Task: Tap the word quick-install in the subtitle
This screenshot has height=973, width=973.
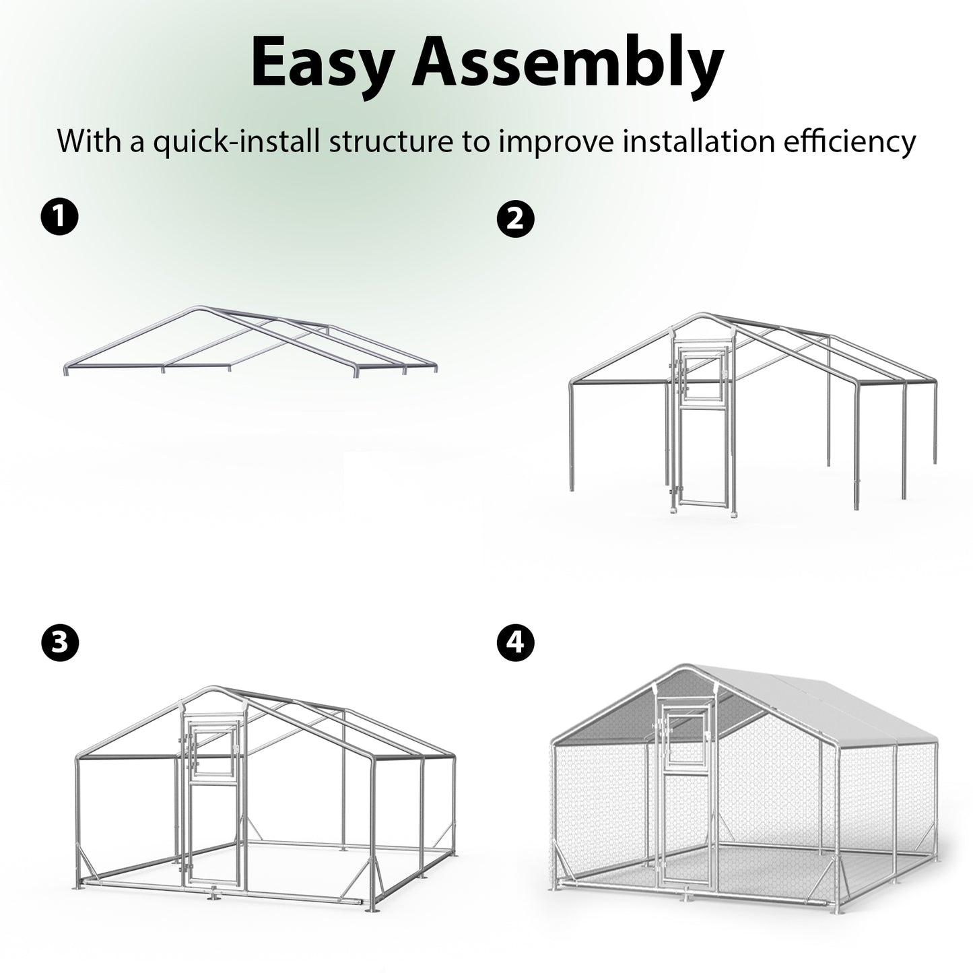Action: tap(236, 143)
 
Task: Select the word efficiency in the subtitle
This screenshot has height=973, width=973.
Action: tap(849, 142)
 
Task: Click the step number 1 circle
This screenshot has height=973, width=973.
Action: tap(59, 216)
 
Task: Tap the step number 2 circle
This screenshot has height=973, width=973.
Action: tap(516, 219)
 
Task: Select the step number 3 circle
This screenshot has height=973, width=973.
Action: tap(59, 643)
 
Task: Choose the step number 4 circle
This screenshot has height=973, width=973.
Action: tap(516, 643)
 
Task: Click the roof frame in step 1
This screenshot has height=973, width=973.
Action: tap(250, 341)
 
